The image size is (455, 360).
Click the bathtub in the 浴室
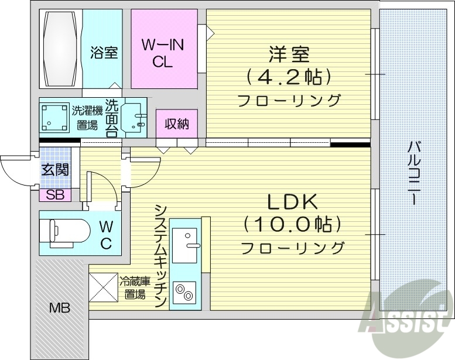[60, 48]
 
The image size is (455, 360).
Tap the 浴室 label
[104, 53]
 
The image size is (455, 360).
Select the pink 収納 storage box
[177, 124]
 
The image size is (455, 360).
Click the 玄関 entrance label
[55, 169]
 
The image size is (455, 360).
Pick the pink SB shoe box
[55, 195]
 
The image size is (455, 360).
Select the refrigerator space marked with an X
[102, 287]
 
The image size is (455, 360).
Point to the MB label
[59, 307]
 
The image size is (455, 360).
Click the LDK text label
[292, 202]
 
